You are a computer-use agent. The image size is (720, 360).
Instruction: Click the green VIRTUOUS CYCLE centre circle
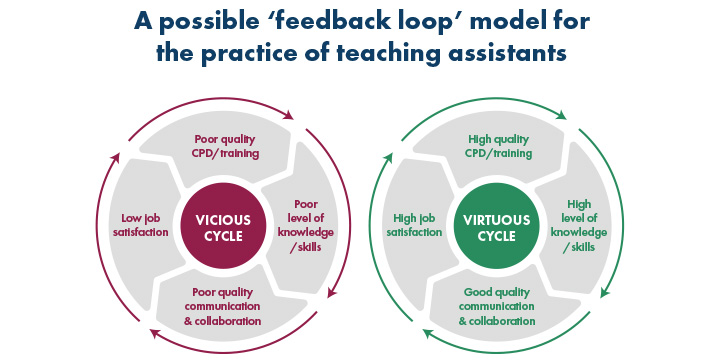click(x=490, y=229)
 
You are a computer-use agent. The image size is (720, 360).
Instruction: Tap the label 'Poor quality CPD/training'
click(x=225, y=146)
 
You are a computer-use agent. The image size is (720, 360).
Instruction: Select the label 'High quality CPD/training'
click(x=499, y=146)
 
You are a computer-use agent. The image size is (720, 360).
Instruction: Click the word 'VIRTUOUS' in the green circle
click(x=490, y=221)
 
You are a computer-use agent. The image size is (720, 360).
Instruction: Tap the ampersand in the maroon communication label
click(x=190, y=321)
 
